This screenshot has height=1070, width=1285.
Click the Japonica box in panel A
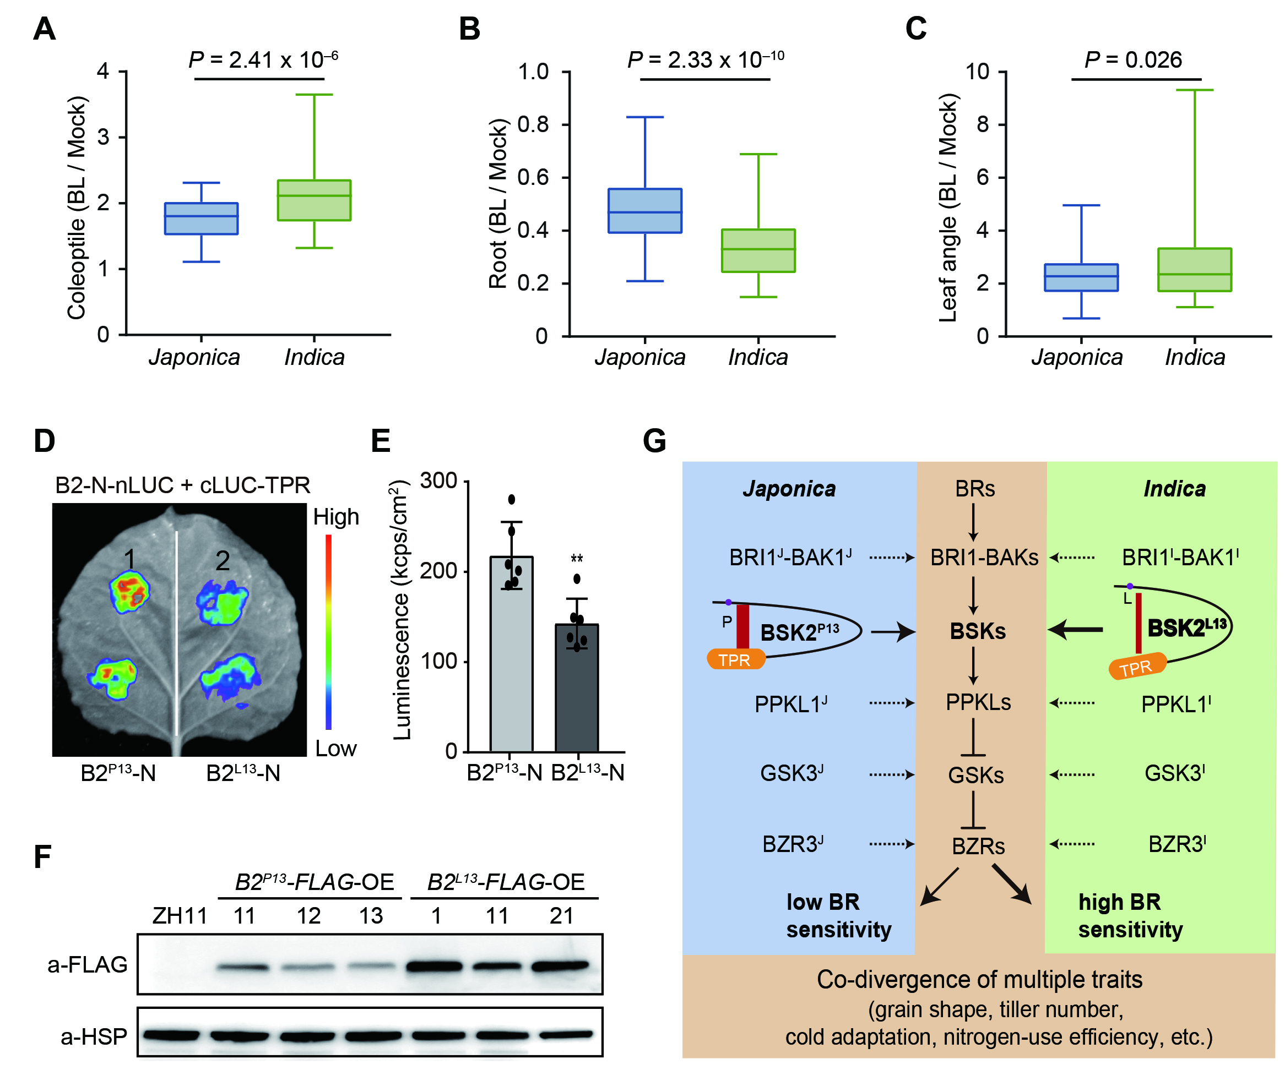pos(202,219)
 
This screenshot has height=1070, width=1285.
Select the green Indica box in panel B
pos(758,250)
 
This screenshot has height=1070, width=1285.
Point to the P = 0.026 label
pos(1133,60)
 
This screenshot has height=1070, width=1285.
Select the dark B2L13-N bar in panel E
pos(577,687)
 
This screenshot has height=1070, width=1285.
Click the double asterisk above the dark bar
pos(577,559)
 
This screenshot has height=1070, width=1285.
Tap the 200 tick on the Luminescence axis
pos(439,571)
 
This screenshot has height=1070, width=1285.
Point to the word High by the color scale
pos(336,517)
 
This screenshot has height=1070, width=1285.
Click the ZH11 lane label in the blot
pos(180,916)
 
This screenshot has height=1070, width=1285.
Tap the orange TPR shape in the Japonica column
pos(735,660)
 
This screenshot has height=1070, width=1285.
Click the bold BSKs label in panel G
pos(977,631)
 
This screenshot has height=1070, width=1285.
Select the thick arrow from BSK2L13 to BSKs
pos(1075,629)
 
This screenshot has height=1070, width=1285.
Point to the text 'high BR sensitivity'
pos(1130,916)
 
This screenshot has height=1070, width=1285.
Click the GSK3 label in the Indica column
pos(1174,773)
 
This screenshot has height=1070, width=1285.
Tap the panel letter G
pos(655,441)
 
